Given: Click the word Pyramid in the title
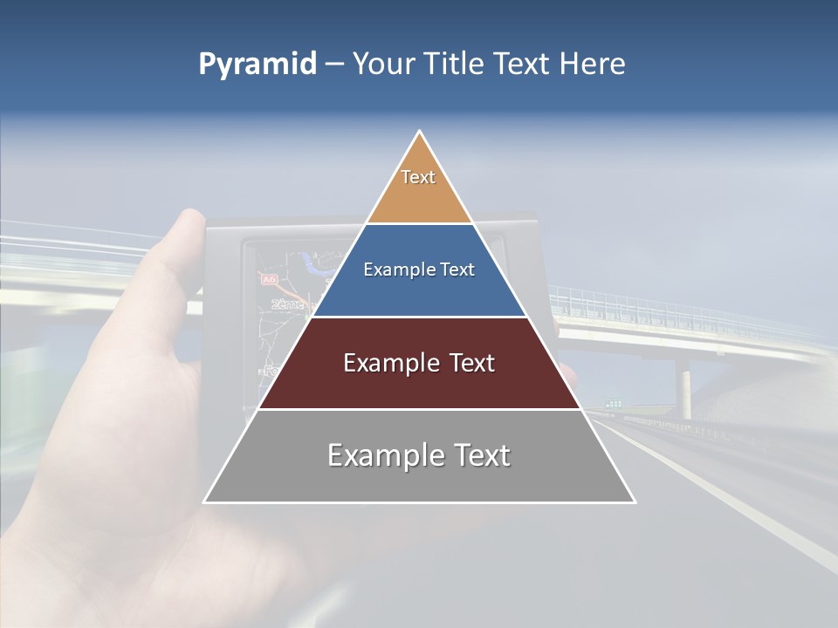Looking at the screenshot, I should (x=258, y=65).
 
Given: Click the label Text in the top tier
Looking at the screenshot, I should (x=418, y=177).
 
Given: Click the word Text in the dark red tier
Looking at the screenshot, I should (x=466, y=363).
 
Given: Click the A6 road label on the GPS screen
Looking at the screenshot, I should (x=267, y=279).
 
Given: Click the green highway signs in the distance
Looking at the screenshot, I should (x=615, y=403).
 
